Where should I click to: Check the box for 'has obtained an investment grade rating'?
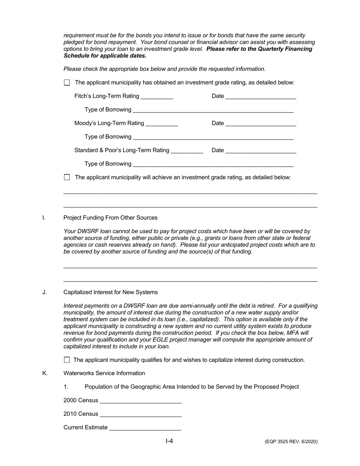tap(67, 83)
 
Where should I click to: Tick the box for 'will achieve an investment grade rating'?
tap(67, 177)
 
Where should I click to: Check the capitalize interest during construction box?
tap(67, 360)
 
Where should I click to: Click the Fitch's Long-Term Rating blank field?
tap(157, 96)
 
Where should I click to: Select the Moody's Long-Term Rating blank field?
tap(161, 123)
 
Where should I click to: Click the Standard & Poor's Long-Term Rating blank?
tap(187, 150)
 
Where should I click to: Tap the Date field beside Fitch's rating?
tap(260, 96)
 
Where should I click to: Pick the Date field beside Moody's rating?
tap(260, 123)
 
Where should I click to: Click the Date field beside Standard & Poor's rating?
tap(260, 150)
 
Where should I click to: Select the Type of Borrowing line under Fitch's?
tap(213, 110)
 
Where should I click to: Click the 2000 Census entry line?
tap(141, 400)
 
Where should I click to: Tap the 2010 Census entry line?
tap(141, 414)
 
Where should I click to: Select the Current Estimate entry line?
tap(145, 428)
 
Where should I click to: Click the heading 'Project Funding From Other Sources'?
tap(110, 218)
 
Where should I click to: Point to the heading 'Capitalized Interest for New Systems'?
tap(111, 292)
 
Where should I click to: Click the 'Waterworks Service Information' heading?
tap(104, 374)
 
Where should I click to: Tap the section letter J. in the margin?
tap(45, 292)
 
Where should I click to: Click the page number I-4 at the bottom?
tap(169, 441)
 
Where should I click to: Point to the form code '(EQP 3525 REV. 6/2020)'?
tap(291, 442)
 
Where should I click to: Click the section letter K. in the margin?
tap(45, 374)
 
